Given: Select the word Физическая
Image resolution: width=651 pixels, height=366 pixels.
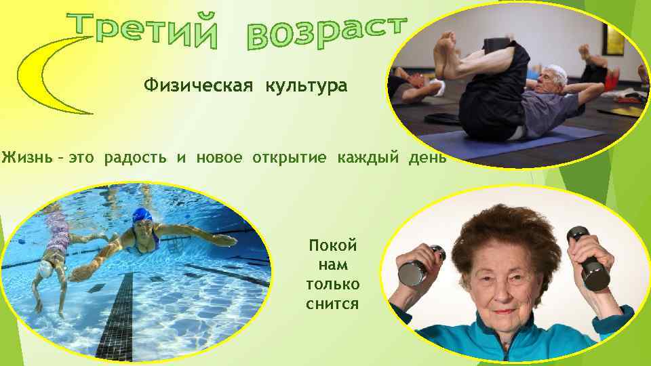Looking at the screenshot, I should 196,87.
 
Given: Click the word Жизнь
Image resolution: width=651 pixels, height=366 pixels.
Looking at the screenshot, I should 24,159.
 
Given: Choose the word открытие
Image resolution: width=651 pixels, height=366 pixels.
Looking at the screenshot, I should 288,159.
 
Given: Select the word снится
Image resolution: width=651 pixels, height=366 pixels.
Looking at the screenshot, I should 332,304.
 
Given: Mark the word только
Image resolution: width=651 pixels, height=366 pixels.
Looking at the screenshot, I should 332,284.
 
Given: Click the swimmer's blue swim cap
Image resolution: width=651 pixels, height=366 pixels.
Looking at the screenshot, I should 141,215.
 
